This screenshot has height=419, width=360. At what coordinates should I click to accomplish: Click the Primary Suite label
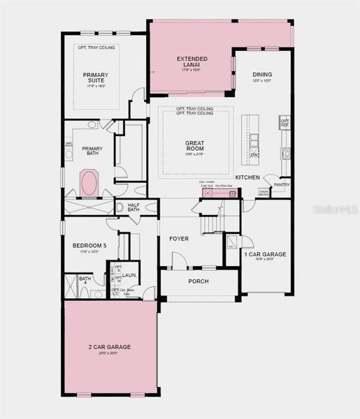click(x=96, y=78)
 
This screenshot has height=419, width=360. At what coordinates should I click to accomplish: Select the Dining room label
click(x=262, y=75)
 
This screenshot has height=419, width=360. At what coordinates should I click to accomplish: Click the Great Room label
click(x=194, y=147)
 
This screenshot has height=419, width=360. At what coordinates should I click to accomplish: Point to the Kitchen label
click(x=248, y=177)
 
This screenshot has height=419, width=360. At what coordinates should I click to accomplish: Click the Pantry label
click(x=281, y=185)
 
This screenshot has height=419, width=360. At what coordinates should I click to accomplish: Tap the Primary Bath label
click(x=92, y=152)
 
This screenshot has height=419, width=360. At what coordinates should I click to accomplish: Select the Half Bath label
click(x=134, y=207)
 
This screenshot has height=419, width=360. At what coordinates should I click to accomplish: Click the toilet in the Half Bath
click(x=120, y=207)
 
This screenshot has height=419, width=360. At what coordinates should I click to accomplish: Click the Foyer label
click(x=179, y=239)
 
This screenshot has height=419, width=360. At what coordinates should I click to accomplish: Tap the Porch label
click(x=199, y=282)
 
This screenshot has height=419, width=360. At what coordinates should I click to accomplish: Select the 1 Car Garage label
click(x=265, y=255)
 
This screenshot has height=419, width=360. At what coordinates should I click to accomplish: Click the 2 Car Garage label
click(x=110, y=346)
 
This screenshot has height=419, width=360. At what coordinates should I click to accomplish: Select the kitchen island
click(x=250, y=140)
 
